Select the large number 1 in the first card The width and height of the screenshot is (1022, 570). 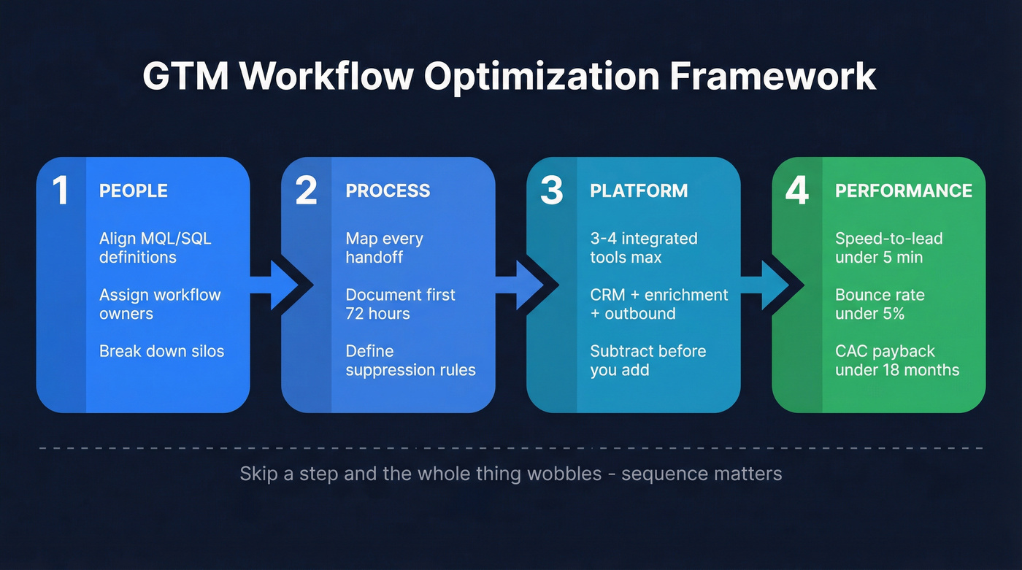[61, 190]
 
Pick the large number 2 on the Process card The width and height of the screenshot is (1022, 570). [306, 190]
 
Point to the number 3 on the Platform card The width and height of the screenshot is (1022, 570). [551, 190]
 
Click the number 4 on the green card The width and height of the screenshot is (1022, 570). [797, 190]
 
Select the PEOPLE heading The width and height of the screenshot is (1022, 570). [134, 191]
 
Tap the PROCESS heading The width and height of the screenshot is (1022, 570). [388, 191]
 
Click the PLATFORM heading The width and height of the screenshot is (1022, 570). [639, 191]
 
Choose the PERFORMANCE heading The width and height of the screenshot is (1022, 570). [904, 191]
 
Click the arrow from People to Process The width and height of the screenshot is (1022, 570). [275, 285]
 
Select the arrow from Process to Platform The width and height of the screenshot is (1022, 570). [520, 285]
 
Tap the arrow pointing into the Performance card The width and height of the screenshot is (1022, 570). [766, 285]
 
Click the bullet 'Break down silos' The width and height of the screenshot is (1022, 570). [161, 351]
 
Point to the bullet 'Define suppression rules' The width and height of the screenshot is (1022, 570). [410, 361]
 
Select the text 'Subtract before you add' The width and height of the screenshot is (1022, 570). [648, 361]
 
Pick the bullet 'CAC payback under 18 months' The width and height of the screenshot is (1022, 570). [897, 361]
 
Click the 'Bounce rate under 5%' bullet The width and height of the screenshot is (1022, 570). [880, 304]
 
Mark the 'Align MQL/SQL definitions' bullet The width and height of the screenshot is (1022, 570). [155, 248]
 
